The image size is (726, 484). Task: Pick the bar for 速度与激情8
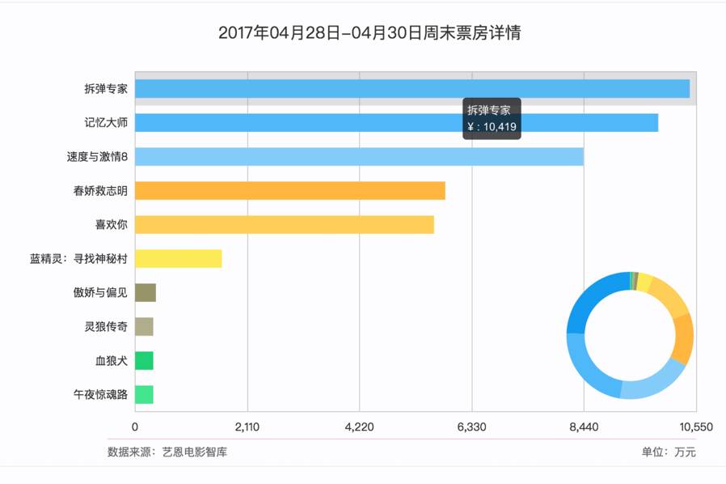(358, 157)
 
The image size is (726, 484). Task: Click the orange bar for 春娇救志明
(289, 191)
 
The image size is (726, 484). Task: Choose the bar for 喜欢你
(284, 224)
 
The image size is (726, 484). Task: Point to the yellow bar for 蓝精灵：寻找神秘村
(178, 258)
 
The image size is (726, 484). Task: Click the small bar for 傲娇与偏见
(145, 292)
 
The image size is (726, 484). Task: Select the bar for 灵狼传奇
(144, 327)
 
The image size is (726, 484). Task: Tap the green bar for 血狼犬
(144, 361)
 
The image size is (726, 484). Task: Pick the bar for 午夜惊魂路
(144, 394)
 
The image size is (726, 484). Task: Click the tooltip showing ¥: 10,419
(492, 119)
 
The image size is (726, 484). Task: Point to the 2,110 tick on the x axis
(247, 427)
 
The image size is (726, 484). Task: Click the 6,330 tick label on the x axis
(471, 427)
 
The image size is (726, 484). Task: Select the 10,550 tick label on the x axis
(695, 427)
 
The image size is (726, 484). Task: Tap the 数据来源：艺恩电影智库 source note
(167, 452)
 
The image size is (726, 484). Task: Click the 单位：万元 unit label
(669, 452)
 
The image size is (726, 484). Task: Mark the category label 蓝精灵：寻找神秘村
(78, 259)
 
